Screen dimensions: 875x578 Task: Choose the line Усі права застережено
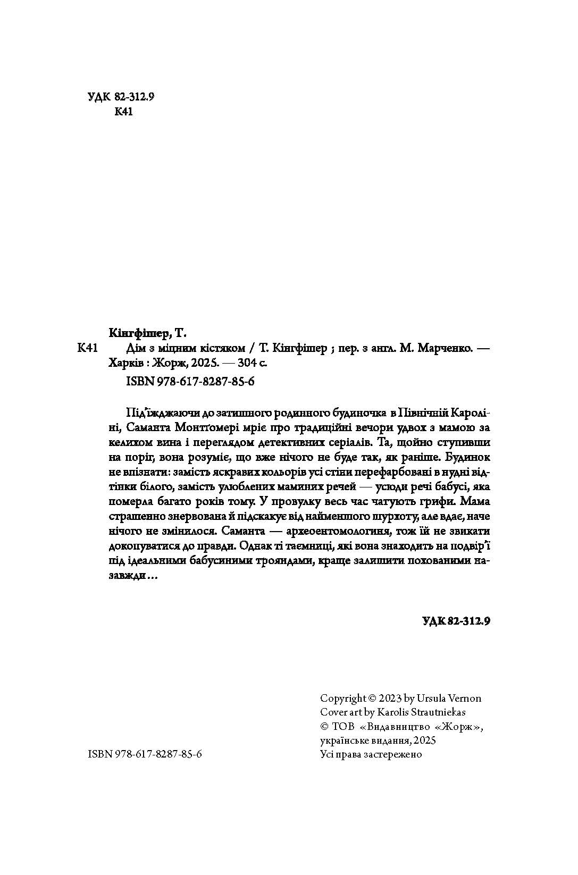371,754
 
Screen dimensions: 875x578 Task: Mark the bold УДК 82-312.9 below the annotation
455,621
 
